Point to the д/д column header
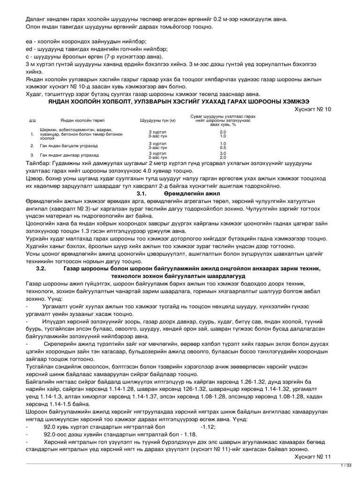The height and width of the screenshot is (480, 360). click(x=32, y=120)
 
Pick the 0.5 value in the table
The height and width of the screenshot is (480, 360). click(x=210, y=147)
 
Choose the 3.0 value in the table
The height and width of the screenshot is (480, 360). click(x=210, y=153)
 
